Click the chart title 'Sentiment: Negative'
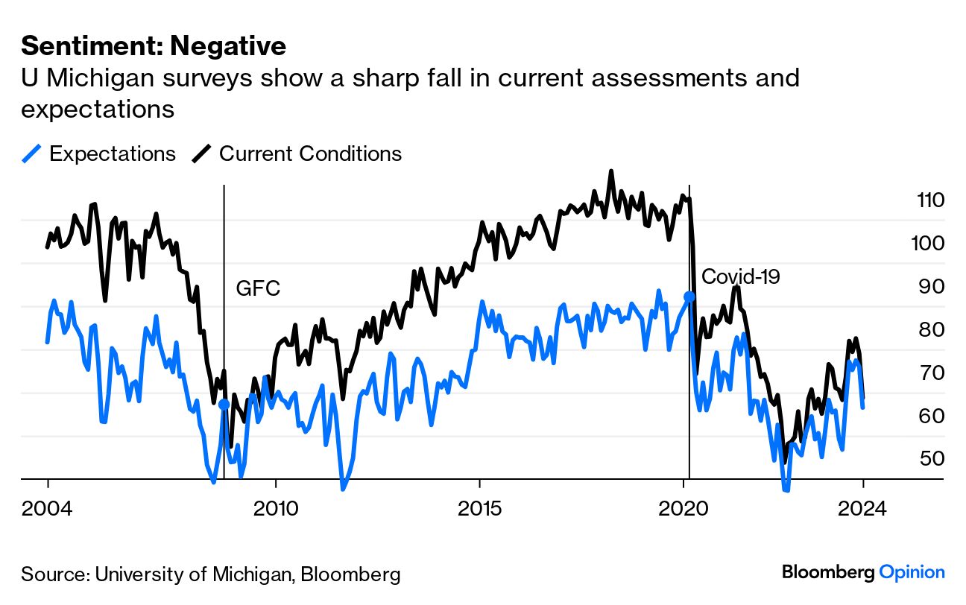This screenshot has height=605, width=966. pyautogui.click(x=154, y=46)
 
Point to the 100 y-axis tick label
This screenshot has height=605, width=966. pyautogui.click(x=927, y=243)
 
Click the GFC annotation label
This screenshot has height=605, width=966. pyautogui.click(x=258, y=289)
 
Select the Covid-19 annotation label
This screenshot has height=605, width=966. pyautogui.click(x=741, y=276)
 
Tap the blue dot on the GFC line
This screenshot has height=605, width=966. pyautogui.click(x=224, y=405)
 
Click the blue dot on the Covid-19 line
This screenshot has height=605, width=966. pyautogui.click(x=689, y=297)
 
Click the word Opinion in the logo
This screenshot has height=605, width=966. pyautogui.click(x=912, y=572)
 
